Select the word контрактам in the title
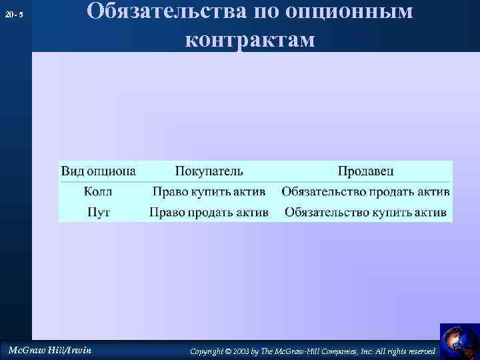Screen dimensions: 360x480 click(249, 39)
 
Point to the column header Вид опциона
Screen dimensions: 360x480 click(99, 171)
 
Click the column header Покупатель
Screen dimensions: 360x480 click(209, 171)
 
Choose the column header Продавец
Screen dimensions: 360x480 click(365, 171)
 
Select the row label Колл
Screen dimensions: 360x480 click(98, 192)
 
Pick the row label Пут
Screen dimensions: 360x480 click(99, 213)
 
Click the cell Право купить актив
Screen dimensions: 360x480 click(209, 192)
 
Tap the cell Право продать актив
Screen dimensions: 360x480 click(209, 213)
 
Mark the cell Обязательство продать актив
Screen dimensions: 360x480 click(365, 192)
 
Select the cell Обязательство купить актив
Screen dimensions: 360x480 click(365, 213)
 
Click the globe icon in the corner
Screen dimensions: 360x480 click(459, 341)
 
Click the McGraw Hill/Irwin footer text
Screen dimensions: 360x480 click(49, 350)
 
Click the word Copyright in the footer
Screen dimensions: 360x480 click(206, 351)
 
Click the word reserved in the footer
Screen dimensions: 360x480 click(421, 351)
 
